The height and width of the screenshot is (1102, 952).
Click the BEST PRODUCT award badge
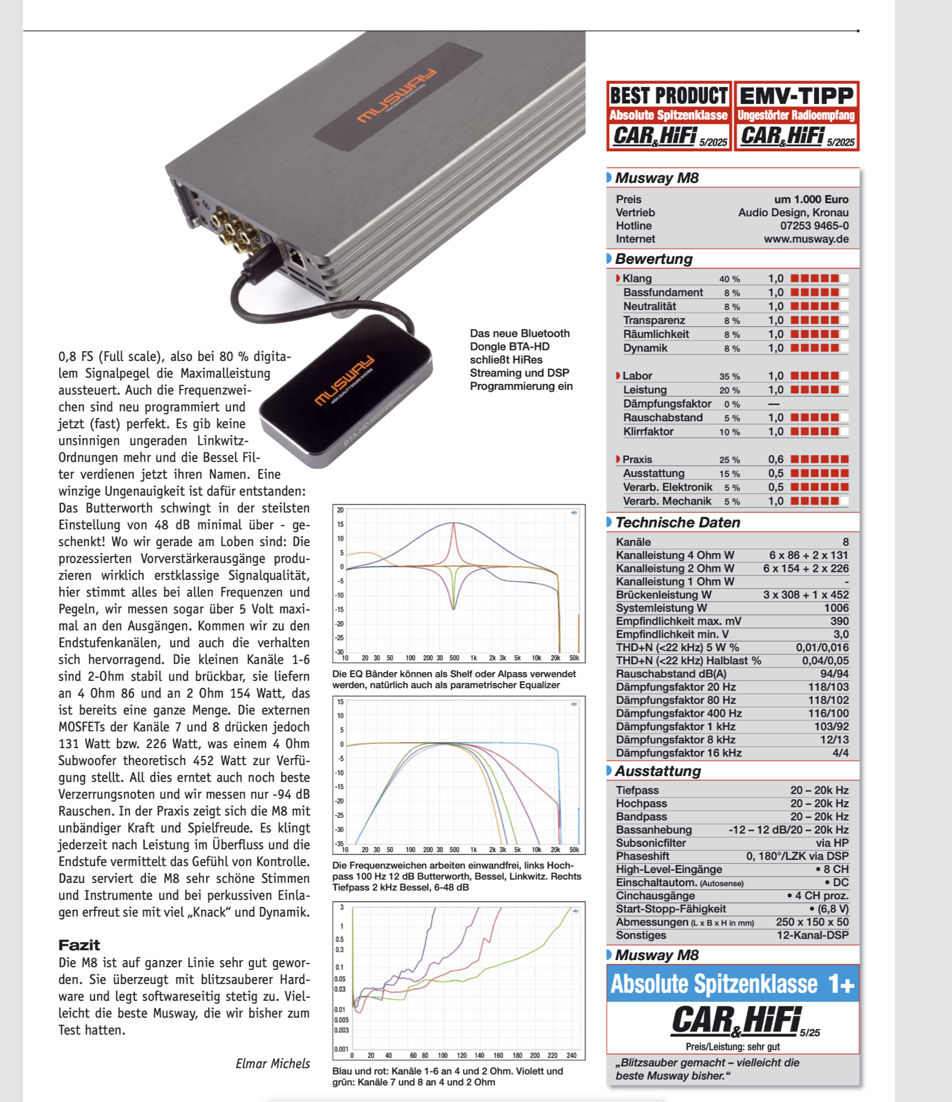click(669, 116)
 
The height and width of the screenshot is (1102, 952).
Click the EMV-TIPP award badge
click(796, 116)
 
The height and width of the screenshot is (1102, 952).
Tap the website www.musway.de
click(806, 239)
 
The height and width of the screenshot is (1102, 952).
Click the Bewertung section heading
click(653, 259)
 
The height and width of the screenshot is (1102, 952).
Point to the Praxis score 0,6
click(776, 460)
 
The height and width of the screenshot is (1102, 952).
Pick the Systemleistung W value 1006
click(836, 608)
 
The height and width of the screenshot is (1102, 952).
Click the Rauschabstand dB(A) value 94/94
click(834, 674)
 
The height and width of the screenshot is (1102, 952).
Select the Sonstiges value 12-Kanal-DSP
click(812, 935)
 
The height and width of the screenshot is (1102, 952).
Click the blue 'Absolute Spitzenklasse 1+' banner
click(732, 984)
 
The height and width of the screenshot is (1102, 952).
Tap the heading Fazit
click(79, 945)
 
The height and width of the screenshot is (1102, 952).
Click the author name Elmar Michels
click(272, 1064)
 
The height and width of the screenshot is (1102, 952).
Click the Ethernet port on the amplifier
click(296, 257)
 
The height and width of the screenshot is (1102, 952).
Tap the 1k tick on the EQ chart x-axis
click(473, 658)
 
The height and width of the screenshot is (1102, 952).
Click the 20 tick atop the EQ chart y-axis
click(340, 510)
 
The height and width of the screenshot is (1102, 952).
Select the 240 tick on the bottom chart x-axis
click(571, 1055)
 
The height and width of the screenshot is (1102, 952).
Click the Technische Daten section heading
click(678, 523)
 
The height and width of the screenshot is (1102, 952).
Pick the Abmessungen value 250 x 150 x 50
click(812, 922)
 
